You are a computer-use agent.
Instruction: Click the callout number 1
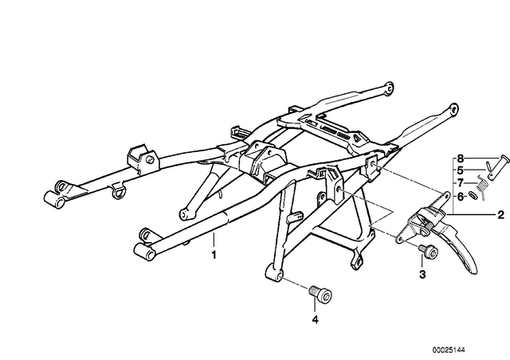coord(214,255)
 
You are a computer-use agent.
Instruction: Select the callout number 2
coord(500,215)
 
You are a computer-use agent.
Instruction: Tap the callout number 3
coord(422,275)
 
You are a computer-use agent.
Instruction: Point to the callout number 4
coord(315,319)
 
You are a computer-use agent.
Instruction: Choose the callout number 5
coord(460,170)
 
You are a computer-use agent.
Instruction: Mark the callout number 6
coord(460,197)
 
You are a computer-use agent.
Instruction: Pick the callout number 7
coord(460,183)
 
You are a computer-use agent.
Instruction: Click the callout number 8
coord(460,158)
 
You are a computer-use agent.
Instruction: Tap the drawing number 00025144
coord(449,350)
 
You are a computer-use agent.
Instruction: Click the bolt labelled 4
coord(320,294)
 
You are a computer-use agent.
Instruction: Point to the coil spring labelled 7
coord(481,186)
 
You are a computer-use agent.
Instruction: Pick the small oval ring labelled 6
coord(473,196)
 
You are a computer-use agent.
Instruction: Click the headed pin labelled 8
coord(496,166)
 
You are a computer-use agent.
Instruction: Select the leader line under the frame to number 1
coord(214,241)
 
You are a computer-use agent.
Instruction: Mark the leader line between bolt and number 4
coord(315,307)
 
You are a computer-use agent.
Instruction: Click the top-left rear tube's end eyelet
coord(388,87)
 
